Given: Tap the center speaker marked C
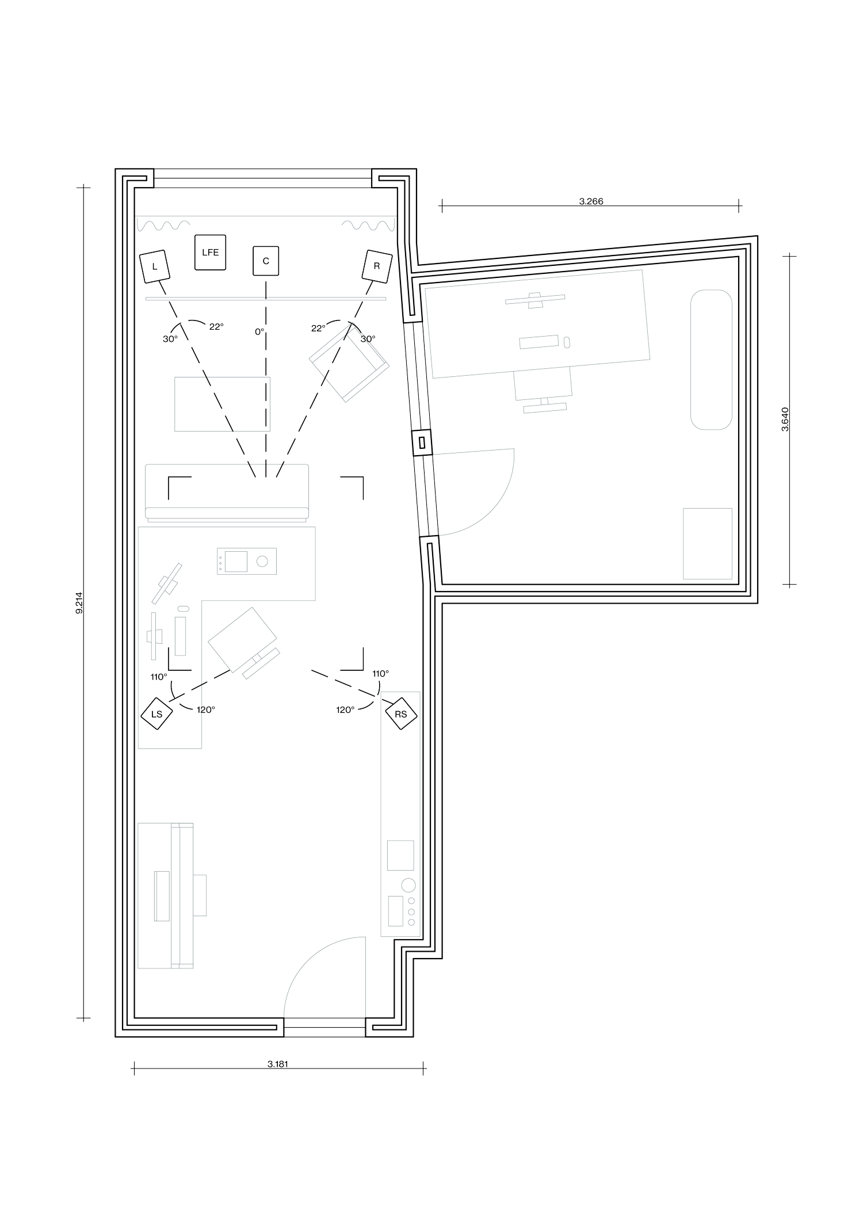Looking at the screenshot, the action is coord(265,261).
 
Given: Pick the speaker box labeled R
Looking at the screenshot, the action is coord(377,266).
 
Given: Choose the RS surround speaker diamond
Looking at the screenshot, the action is coord(401,715).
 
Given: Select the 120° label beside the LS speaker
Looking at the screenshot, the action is coord(205,710).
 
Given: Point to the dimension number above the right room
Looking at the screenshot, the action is coord(590,201).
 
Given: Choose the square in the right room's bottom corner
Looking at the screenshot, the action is coord(708,543).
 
